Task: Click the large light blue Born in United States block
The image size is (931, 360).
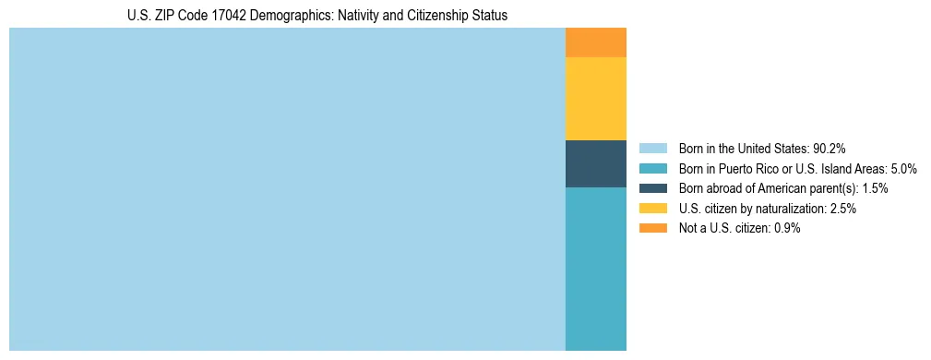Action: (287, 189)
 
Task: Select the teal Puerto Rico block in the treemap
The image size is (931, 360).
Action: (595, 269)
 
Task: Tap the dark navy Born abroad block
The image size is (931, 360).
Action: (595, 163)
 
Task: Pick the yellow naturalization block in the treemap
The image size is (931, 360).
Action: (595, 99)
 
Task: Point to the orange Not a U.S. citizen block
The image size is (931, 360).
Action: (595, 42)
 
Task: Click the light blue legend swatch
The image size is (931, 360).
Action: (652, 148)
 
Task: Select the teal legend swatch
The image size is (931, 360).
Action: (652, 168)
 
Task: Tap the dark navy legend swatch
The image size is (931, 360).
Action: (652, 188)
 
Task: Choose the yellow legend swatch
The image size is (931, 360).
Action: (652, 209)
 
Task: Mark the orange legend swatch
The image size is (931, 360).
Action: (652, 228)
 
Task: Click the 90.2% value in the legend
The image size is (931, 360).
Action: (829, 148)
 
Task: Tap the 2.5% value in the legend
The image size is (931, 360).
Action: (842, 209)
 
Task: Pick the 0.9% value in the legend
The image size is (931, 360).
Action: (786, 229)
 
